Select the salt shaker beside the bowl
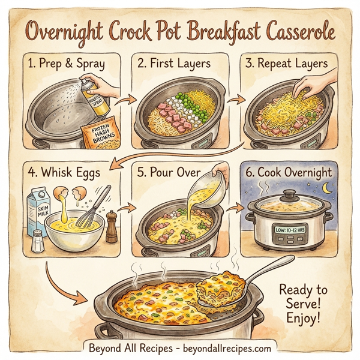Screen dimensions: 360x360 point(37,241)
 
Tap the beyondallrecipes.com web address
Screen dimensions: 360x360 point(229,347)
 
